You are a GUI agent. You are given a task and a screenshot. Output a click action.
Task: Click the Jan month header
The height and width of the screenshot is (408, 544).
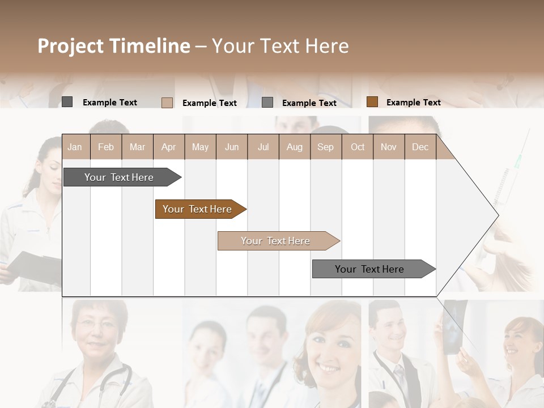coord(75,147)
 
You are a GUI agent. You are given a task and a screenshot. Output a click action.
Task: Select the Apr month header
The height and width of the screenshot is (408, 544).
coord(169,147)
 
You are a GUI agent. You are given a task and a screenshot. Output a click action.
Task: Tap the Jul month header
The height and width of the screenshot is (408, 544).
coord(263,147)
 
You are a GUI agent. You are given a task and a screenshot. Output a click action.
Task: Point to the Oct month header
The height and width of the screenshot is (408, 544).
coord(358,147)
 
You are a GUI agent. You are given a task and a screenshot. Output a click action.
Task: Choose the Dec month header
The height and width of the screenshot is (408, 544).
coord(420,147)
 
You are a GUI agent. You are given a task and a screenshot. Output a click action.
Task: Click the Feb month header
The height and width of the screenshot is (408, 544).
coord(106,147)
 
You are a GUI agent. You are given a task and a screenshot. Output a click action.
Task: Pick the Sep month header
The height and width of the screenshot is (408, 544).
coord(325,147)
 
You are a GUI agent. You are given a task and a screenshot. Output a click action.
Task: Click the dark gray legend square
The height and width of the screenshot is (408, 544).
coord(67,102)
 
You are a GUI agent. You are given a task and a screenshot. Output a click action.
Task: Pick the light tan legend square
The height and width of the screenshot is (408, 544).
coord(167,103)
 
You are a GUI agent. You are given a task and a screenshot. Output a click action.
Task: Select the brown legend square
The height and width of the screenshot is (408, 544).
coord(372,102)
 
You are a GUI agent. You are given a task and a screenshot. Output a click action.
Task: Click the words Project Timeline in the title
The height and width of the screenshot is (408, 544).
coord(114,46)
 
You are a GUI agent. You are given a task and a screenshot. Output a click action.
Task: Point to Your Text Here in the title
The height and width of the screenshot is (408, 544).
coord(280,46)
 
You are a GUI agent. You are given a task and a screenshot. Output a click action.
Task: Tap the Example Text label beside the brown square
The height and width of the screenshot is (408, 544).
coord(413,102)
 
